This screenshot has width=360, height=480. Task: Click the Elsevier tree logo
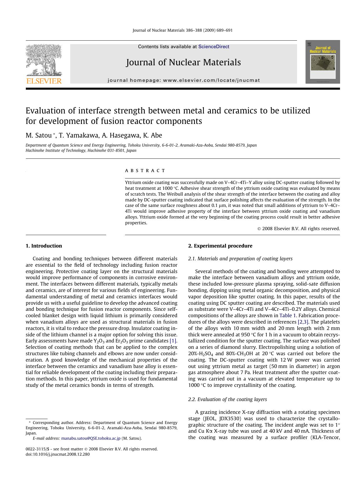pos(44,60)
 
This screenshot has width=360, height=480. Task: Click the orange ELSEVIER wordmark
pos(44,81)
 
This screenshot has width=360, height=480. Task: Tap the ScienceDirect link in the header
pos(214,47)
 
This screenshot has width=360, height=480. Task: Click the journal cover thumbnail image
pos(322,62)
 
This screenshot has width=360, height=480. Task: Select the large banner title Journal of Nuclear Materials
pos(183,62)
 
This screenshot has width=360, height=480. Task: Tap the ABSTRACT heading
pos(145,171)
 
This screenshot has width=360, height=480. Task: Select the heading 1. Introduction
pos(44,246)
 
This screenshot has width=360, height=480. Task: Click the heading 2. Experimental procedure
pos(220,246)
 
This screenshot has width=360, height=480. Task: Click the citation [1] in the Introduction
pos(173,341)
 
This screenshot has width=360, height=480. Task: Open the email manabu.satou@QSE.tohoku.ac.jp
pos(91,439)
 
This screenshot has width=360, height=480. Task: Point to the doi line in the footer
pos(57,454)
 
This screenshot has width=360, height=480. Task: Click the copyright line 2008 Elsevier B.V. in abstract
pos(299,229)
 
